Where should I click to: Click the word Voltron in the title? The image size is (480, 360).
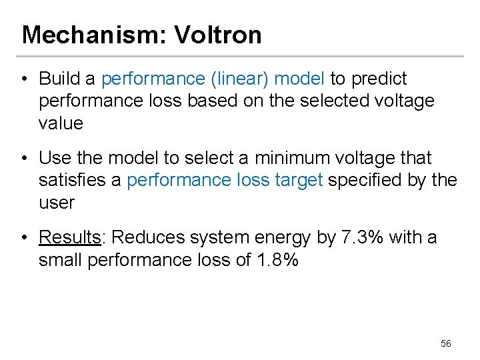(218, 35)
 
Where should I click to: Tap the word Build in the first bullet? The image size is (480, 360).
(59, 79)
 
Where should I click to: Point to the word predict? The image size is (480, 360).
(377, 79)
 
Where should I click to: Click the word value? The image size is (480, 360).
(61, 123)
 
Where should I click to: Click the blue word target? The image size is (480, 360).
(299, 180)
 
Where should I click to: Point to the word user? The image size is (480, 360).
(57, 203)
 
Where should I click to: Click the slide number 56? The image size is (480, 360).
(446, 343)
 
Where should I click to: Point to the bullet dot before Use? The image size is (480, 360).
(25, 159)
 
